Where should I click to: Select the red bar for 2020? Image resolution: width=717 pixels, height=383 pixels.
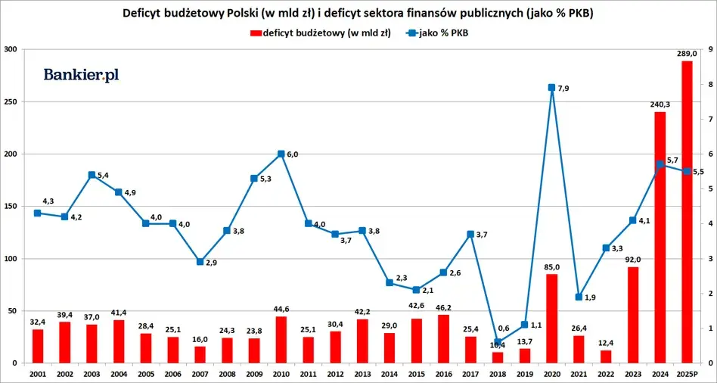(551, 319)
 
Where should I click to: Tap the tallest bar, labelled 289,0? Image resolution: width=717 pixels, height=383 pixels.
(687, 212)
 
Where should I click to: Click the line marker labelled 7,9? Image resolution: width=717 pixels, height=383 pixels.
(551, 88)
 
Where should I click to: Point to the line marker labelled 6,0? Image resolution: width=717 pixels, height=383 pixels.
(281, 154)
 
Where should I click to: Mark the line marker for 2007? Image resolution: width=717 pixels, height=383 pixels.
(200, 262)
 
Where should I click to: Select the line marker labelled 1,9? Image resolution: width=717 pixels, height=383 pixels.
(579, 297)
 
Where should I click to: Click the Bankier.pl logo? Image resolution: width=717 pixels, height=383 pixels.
(81, 74)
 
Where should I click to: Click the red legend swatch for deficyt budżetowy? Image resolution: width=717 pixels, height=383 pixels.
(256, 33)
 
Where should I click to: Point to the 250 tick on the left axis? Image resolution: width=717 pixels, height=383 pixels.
(11, 101)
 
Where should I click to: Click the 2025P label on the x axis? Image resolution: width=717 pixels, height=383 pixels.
(687, 374)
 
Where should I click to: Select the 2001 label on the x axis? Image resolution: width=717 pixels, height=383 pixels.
(37, 374)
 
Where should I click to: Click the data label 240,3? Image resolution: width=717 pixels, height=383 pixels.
(660, 104)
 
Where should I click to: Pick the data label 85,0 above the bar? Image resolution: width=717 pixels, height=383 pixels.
(551, 266)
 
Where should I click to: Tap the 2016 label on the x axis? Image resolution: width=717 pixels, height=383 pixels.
(443, 374)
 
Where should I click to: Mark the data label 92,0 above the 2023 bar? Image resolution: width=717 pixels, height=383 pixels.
(632, 259)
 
